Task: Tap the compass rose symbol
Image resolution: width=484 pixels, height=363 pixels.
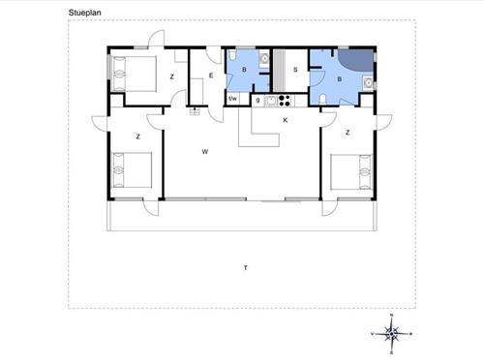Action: tap(392, 333)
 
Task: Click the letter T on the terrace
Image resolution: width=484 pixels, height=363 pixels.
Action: tap(246, 267)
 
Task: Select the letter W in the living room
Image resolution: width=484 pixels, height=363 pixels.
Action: tap(205, 152)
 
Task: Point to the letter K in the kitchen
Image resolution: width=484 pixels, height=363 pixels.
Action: tap(285, 120)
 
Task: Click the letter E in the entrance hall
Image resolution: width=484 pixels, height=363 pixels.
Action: tap(209, 75)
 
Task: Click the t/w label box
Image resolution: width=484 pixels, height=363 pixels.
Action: tap(232, 99)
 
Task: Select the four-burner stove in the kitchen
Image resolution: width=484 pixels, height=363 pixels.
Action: tap(286, 100)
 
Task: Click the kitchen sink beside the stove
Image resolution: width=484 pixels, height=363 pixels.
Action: tap(269, 100)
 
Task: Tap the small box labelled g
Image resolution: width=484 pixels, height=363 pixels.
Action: tap(257, 100)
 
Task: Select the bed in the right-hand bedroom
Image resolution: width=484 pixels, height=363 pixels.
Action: tap(352, 172)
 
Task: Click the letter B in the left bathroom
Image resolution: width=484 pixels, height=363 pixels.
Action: tap(244, 70)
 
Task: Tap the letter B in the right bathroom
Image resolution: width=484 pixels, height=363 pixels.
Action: tap(339, 80)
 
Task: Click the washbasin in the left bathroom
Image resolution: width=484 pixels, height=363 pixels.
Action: tap(263, 59)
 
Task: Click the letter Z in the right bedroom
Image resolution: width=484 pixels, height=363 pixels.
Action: tap(347, 132)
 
